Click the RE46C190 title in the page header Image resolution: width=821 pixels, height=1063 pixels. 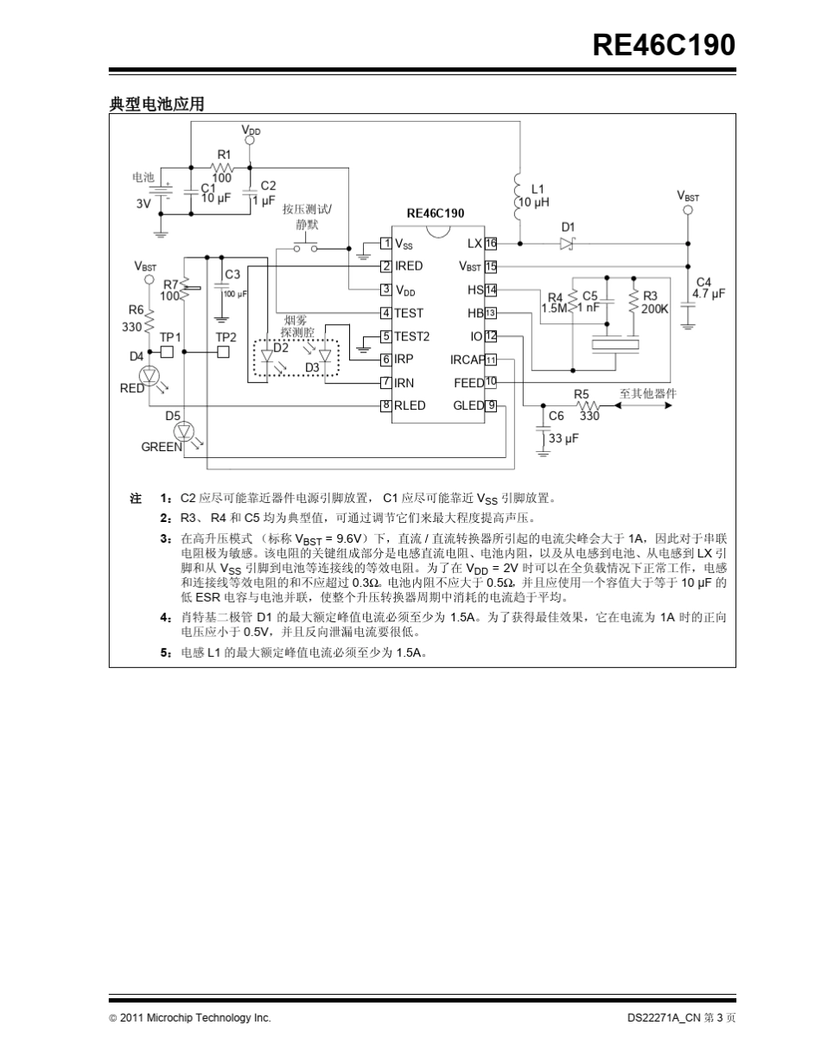pyautogui.click(x=664, y=44)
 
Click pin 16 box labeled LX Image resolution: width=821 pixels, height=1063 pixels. pyautogui.click(x=491, y=244)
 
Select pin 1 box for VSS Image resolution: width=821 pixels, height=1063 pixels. pyautogui.click(x=386, y=244)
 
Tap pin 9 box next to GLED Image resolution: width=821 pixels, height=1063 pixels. pyautogui.click(x=491, y=405)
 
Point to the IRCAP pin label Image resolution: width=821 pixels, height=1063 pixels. pyautogui.click(x=467, y=360)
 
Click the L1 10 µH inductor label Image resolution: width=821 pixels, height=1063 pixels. pyautogui.click(x=540, y=195)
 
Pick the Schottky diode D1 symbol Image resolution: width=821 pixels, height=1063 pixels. pyautogui.click(x=568, y=245)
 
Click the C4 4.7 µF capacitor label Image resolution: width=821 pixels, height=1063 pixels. pyautogui.click(x=708, y=288)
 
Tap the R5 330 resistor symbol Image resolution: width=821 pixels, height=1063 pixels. pyautogui.click(x=589, y=404)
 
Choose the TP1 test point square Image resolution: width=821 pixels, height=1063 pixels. pyautogui.click(x=168, y=352)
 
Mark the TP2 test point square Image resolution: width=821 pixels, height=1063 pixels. pyautogui.click(x=224, y=352)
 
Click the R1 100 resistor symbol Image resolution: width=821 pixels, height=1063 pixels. pyautogui.click(x=223, y=167)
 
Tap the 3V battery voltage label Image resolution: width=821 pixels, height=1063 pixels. pyautogui.click(x=143, y=205)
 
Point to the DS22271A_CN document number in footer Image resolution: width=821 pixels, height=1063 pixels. pyautogui.click(x=662, y=1018)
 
